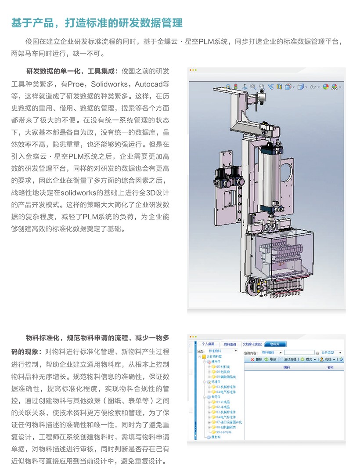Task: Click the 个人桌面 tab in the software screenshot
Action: pyautogui.click(x=208, y=344)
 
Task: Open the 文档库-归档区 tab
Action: pyautogui.click(x=252, y=344)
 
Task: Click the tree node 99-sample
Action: pyautogui.click(x=224, y=432)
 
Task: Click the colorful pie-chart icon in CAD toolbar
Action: pyautogui.click(x=325, y=87)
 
